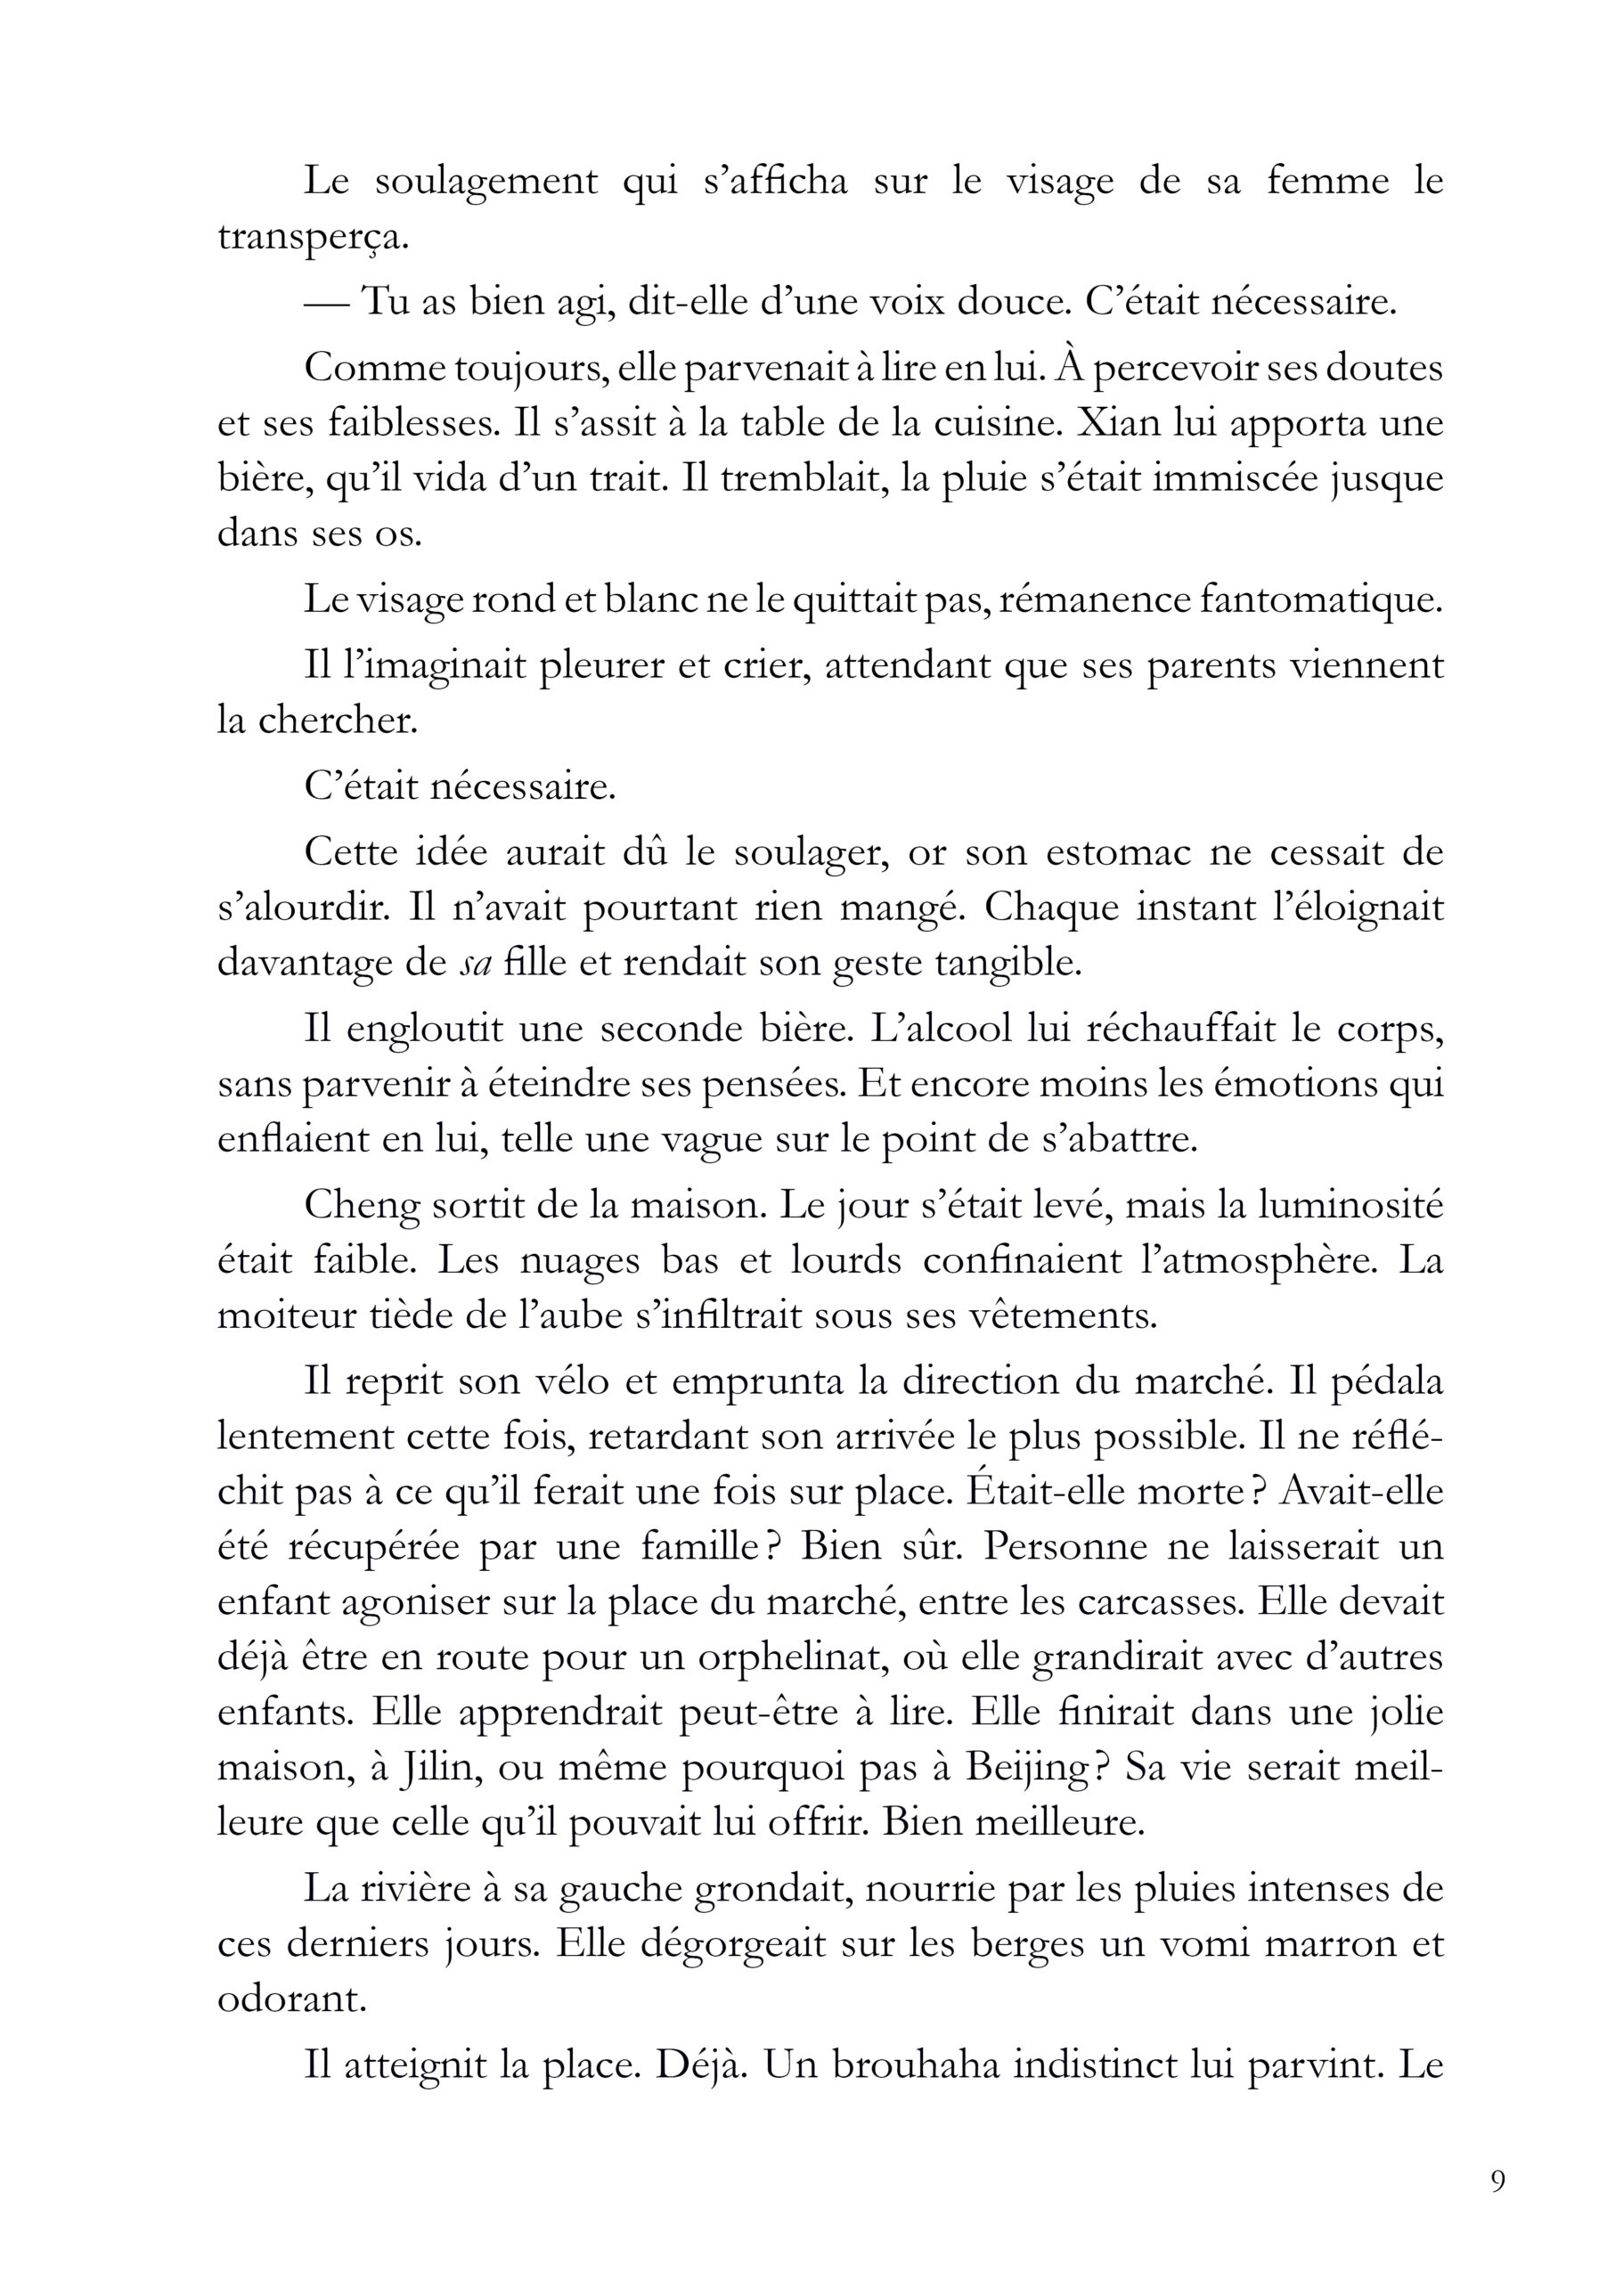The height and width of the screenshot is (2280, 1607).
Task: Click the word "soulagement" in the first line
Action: click(486, 183)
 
